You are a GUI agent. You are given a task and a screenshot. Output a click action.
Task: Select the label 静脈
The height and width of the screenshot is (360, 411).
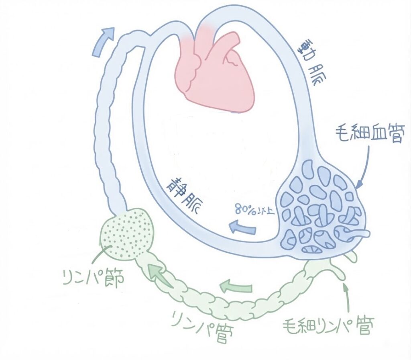pos(185,192)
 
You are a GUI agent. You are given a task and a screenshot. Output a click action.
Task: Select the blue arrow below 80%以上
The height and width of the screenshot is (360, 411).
pos(242,227)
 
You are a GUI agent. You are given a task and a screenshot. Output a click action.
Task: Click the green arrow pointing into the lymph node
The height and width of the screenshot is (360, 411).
pos(160,276)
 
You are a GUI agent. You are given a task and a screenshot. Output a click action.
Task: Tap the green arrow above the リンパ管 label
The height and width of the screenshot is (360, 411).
pos(236,286)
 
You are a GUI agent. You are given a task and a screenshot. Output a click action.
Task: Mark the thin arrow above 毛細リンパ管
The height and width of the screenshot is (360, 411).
pos(347,298)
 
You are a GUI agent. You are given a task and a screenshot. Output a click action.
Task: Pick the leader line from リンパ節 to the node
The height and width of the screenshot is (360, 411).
pos(101,254)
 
